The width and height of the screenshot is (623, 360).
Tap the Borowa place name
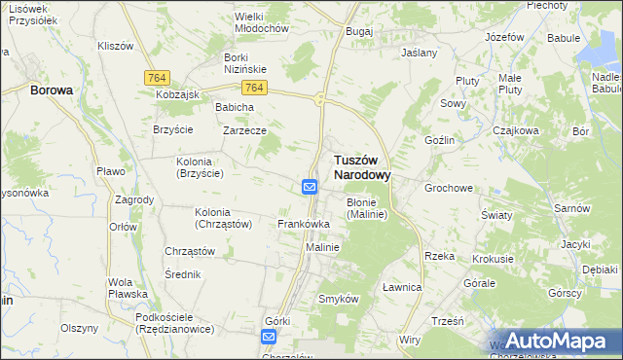point(52,90)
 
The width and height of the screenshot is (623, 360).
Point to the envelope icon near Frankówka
point(310,187)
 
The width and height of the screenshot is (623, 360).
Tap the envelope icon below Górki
point(269,337)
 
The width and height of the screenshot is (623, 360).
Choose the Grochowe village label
point(448,187)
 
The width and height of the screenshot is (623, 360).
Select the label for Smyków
point(340,299)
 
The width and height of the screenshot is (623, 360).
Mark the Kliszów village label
point(115,46)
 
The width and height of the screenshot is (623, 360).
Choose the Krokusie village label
point(493,260)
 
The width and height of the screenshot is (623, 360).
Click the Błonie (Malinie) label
point(366,208)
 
